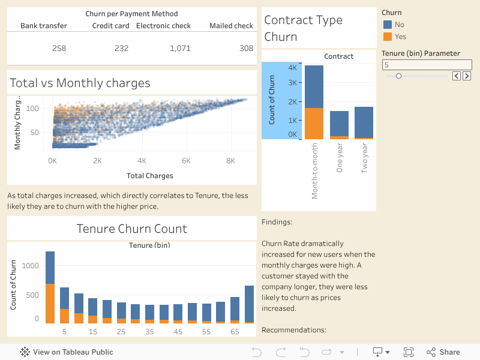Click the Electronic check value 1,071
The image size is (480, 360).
pyautogui.click(x=180, y=48)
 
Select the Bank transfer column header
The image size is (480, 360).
pyautogui.click(x=44, y=26)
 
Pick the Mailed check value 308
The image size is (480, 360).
pyautogui.click(x=246, y=48)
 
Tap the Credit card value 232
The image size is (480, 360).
pyautogui.click(x=121, y=48)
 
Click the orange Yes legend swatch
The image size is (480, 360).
pyautogui.click(x=387, y=37)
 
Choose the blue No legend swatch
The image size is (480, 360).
pyautogui.click(x=387, y=25)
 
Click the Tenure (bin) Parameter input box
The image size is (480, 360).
pyautogui.click(x=427, y=65)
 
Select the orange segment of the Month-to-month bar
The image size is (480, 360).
pyautogui.click(x=314, y=123)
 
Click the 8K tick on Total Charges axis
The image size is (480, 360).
pyautogui.click(x=230, y=161)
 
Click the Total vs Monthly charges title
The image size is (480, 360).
pyautogui.click(x=80, y=83)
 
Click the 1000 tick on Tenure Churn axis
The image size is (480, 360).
pyautogui.click(x=31, y=266)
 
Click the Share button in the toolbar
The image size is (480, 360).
pyautogui.click(x=443, y=352)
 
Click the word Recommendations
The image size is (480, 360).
pyautogui.click(x=293, y=330)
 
